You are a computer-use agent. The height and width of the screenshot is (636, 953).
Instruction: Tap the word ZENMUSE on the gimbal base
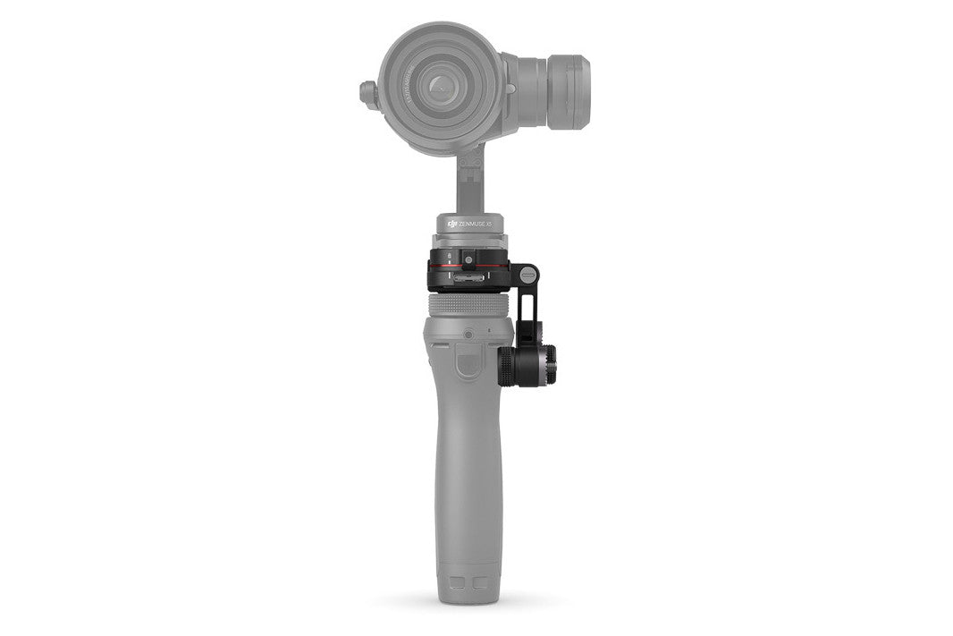tap(478, 223)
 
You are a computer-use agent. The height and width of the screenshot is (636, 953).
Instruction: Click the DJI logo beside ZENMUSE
tap(452, 223)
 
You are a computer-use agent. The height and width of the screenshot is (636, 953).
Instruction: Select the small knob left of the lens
tap(367, 91)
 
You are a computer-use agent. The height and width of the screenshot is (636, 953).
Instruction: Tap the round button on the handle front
tap(468, 334)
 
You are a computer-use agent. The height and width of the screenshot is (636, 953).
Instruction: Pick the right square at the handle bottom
tap(483, 583)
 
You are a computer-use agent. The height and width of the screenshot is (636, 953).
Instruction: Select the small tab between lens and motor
tap(510, 89)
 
